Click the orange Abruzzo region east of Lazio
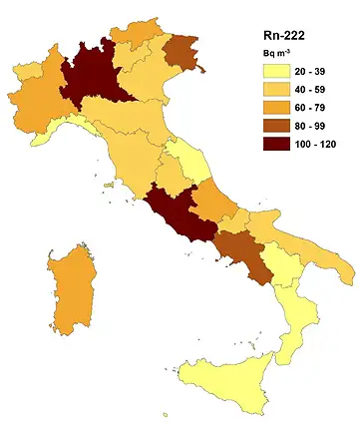(215, 204)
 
